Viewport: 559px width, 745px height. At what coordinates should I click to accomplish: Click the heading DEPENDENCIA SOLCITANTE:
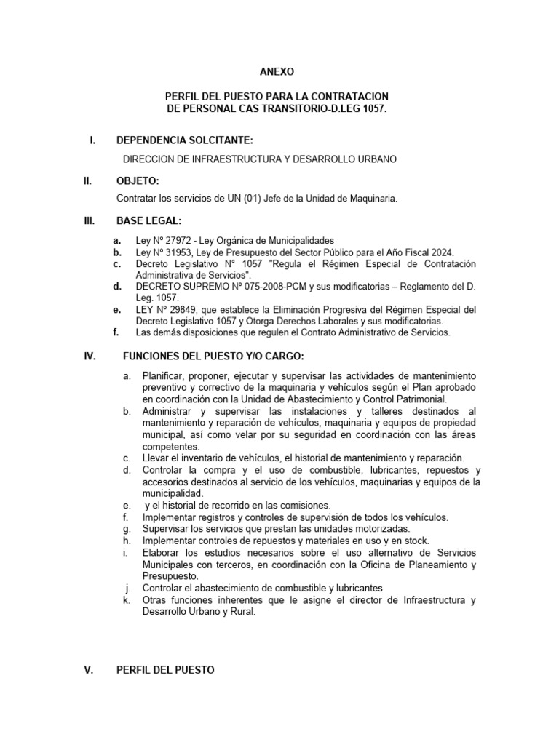185,140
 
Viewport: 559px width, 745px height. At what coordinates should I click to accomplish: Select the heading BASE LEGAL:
149,221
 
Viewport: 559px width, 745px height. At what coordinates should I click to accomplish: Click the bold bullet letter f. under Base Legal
116,332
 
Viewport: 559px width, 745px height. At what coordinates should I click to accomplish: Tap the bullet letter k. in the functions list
127,600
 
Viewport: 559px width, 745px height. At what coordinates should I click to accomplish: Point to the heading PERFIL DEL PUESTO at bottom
165,670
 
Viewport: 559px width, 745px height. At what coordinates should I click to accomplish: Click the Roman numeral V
90,670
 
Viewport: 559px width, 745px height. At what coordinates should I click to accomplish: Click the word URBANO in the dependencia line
374,159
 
